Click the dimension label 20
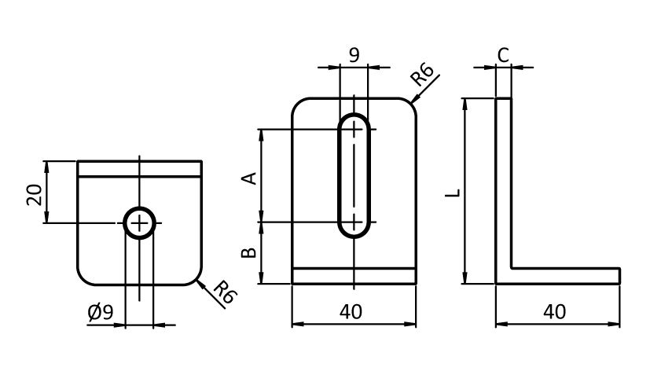click(34, 193)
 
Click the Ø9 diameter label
click(101, 313)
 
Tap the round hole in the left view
click(139, 224)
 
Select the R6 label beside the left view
click(225, 293)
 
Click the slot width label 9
click(354, 55)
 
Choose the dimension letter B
click(248, 252)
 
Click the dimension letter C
click(504, 55)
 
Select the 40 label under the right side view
click(554, 312)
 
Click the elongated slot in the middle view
click(355, 176)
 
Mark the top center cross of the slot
click(355, 130)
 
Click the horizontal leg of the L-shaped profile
click(566, 276)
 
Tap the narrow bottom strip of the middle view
click(354, 276)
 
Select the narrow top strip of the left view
click(139, 168)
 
